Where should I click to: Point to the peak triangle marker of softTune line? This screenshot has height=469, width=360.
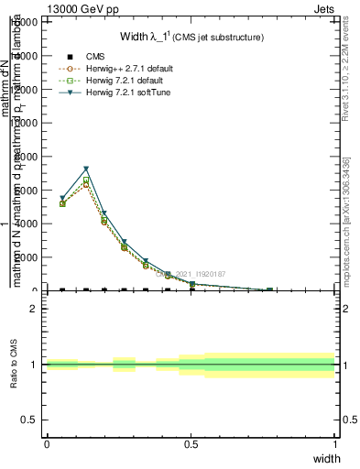pos(86,169)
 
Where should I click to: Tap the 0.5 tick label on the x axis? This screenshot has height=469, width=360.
pos(191,443)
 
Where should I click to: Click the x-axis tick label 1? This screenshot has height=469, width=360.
pos(335,443)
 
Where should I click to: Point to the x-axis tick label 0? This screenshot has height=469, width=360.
pos(47,443)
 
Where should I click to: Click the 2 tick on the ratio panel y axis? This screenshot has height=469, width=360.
pos(35,309)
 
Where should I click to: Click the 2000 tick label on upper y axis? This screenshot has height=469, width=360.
pos(27,257)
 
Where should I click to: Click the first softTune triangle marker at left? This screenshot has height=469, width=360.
pos(62,198)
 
